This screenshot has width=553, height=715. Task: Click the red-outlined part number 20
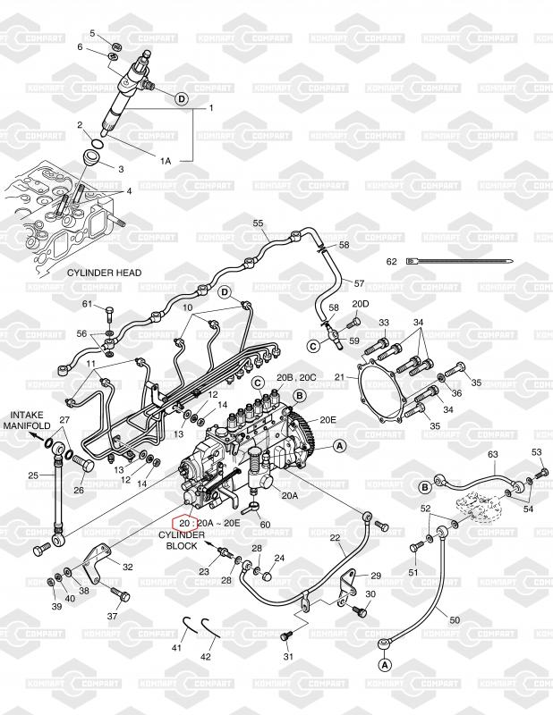coord(183,523)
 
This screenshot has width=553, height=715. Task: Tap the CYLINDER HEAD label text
coord(104,273)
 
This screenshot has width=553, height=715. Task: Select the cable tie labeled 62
coord(459,261)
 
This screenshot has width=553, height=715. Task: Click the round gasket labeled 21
coord(383,391)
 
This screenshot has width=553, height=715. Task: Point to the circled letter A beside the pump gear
coord(339,446)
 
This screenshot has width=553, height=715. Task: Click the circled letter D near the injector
coord(182,98)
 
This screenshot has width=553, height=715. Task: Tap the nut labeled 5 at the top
coord(116,46)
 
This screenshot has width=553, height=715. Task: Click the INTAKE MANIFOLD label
coord(28,420)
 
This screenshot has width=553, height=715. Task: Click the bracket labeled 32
coord(98,563)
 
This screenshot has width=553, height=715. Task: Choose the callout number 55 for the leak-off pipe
coord(258,223)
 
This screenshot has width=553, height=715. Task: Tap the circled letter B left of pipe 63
coord(425,487)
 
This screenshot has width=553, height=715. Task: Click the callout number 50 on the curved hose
coord(455,620)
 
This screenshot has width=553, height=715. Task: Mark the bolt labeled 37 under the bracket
coord(120,593)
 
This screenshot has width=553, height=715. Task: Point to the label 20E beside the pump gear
coord(328,419)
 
